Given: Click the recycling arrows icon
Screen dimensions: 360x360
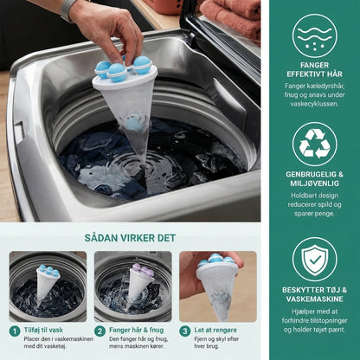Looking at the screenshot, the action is tap(315, 145).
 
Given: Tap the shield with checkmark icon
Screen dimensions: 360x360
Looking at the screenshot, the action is tap(315, 260).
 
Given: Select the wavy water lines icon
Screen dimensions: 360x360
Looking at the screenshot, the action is tap(315, 36).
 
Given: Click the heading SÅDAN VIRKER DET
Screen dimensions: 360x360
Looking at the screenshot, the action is tap(130, 238).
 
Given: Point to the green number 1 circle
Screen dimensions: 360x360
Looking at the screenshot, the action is tap(15, 331).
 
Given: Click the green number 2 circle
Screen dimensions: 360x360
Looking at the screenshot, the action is tap(100, 331).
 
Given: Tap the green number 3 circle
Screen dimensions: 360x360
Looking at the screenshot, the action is tap(185, 331).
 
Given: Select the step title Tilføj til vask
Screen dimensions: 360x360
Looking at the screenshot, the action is tap(43, 330).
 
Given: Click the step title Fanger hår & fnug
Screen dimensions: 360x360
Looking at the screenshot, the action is tap(136, 330).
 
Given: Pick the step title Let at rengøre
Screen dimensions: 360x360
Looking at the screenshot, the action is tap(215, 330).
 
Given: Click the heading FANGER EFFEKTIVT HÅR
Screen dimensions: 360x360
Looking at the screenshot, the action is tap(315, 69).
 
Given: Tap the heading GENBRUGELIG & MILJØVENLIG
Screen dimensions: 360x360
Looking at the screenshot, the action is tap(315, 178).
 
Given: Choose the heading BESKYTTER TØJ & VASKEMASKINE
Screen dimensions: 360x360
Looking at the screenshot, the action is tap(315, 294).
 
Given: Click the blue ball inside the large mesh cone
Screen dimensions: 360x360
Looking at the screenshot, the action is tap(135, 123).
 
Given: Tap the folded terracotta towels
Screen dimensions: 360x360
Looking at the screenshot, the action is tap(231, 17).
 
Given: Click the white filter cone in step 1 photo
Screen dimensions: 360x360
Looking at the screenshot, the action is tap(47, 284).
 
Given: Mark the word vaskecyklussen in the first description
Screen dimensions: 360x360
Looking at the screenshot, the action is tap(315, 104).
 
